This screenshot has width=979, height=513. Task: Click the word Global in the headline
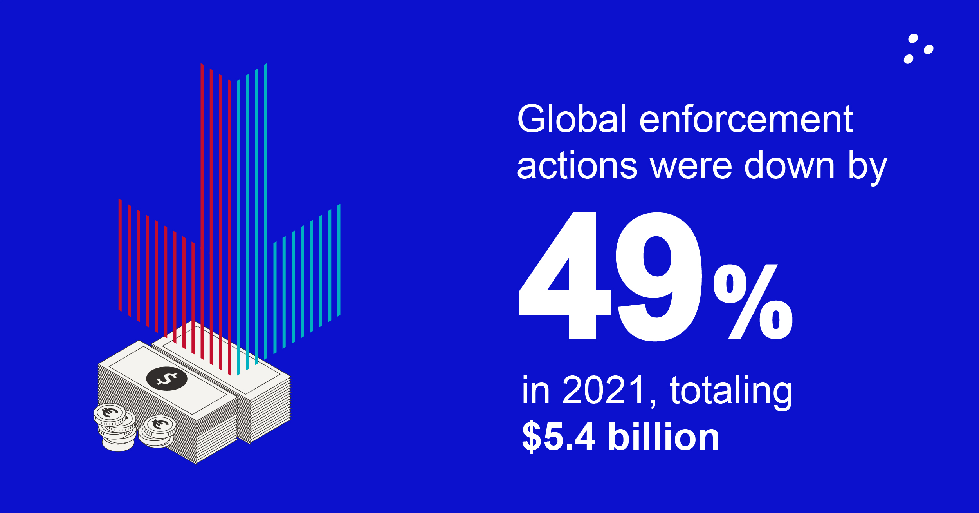572,119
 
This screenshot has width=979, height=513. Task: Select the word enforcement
746,120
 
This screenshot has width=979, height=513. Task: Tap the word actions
577,166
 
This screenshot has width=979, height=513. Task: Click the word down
789,166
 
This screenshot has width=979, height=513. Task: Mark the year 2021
604,390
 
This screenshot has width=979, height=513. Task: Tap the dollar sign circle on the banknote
167,379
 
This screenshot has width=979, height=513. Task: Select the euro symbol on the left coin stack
110,412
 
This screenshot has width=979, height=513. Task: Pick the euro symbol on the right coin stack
160,424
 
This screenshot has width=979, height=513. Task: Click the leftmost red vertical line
120,255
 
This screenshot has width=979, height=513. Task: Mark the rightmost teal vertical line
339,260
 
